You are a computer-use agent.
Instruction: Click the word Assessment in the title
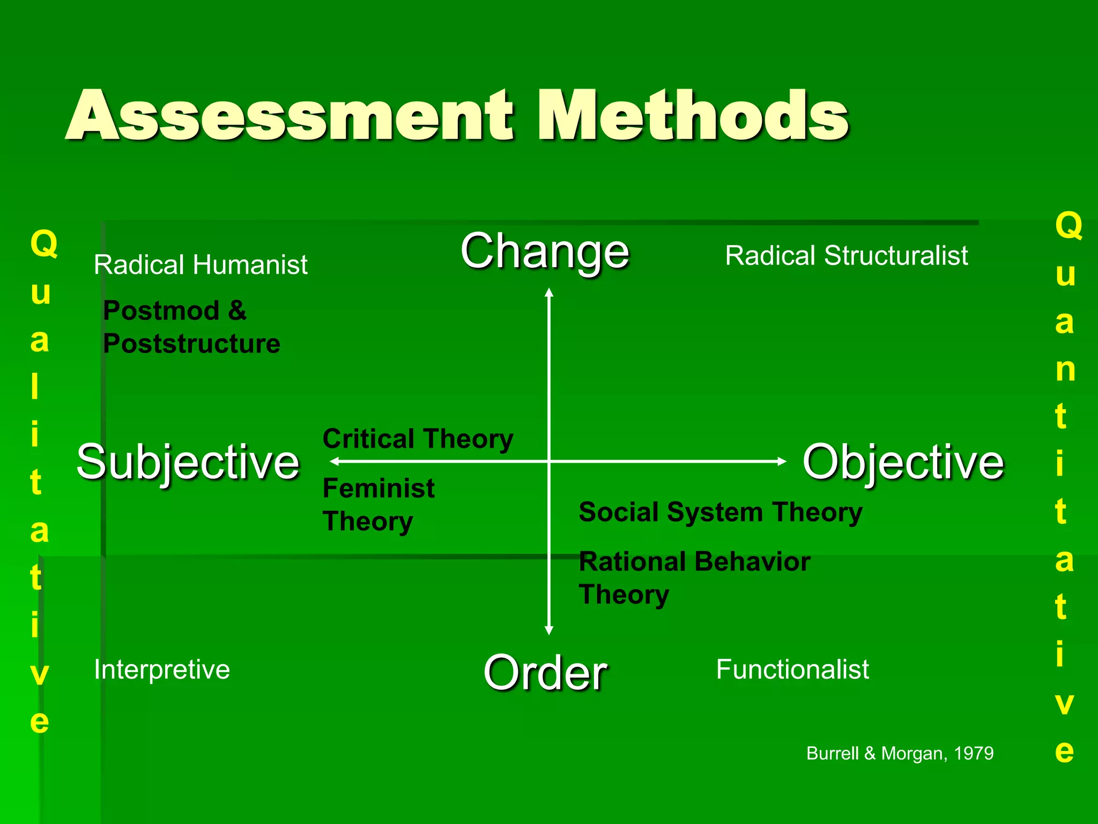point(290,115)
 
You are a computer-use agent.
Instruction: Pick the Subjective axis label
point(188,462)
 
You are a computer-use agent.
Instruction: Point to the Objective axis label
point(903,462)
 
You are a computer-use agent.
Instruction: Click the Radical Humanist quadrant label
point(201,265)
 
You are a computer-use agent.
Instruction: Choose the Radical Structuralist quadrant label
point(847,256)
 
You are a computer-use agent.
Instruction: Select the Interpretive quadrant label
point(162,669)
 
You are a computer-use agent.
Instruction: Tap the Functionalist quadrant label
point(792,669)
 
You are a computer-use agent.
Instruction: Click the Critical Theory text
point(418,439)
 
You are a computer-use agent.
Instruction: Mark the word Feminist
point(379,488)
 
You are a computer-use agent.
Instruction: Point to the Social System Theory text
point(721,512)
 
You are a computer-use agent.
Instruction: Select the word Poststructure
point(191,343)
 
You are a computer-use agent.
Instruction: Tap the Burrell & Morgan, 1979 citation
point(900,753)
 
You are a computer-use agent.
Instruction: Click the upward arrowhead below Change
point(549,292)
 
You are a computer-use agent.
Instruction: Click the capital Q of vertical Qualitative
point(43,244)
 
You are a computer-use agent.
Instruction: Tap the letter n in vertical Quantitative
point(1065,370)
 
